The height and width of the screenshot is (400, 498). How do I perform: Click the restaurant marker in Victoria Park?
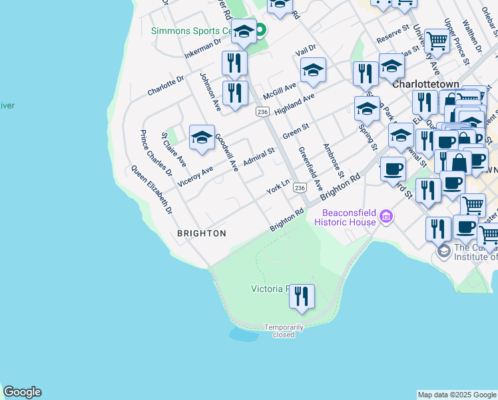tap(302, 295)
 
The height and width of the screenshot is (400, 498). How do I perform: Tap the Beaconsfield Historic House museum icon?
tap(385, 216)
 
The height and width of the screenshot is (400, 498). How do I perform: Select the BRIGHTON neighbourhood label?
tap(201, 233)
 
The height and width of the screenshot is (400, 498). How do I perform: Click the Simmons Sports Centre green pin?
tap(261, 29)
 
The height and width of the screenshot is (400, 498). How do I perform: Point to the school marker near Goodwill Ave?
tap(202, 137)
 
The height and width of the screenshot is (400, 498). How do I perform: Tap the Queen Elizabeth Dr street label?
tap(151, 189)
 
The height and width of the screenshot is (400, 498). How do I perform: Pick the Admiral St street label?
tap(258, 158)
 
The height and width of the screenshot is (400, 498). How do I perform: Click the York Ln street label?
tap(278, 186)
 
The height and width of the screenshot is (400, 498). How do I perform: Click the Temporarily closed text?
tap(284, 331)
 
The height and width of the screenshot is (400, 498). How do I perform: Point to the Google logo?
tap(22, 392)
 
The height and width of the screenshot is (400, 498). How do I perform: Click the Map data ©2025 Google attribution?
tap(456, 395)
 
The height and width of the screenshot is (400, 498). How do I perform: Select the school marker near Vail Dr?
tap(313, 69)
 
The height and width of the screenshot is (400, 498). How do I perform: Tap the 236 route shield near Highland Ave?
tap(262, 112)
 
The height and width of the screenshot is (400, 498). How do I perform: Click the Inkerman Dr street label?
tap(202, 48)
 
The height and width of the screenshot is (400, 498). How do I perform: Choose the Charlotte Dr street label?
tap(165, 85)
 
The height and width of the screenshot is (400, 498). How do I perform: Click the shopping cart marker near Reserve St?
tap(437, 41)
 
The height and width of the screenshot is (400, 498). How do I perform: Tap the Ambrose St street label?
tap(333, 160)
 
